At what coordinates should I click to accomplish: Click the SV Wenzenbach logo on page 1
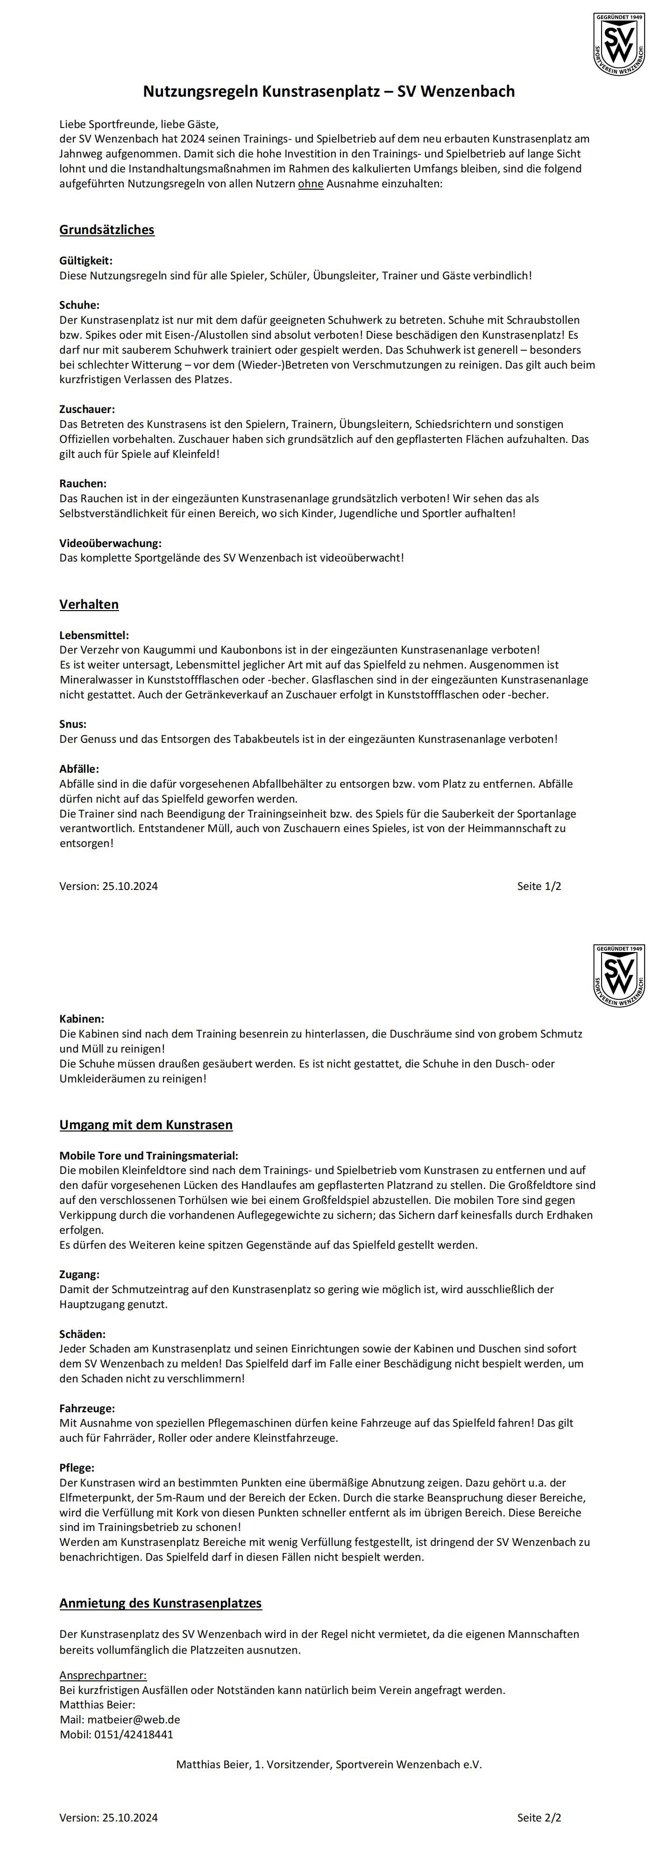pos(618,43)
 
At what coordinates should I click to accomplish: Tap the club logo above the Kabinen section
pos(618,975)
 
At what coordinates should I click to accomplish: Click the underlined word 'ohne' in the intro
pos(310,184)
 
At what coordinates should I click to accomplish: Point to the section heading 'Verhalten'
pos(89,604)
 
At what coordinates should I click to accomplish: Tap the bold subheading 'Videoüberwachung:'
pos(110,543)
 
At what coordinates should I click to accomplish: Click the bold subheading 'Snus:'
pos(72,724)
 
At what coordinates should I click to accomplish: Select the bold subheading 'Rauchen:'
pos(83,484)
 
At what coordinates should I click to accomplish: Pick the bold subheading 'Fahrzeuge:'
pos(87,1408)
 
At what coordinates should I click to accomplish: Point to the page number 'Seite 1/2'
pos(539,886)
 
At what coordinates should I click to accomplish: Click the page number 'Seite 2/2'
pos(539,1817)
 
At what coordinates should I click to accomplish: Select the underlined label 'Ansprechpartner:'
pos(103,1675)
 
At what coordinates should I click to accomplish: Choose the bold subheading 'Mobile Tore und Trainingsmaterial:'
pos(149,1156)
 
